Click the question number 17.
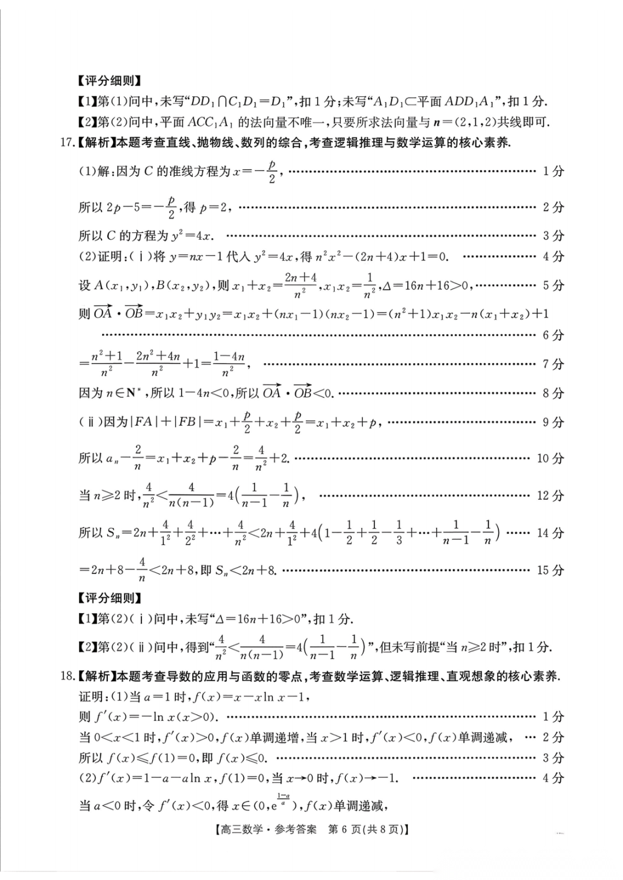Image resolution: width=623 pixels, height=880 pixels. point(67,142)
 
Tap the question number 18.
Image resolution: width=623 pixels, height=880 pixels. point(67,676)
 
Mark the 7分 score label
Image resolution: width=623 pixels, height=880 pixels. point(553,364)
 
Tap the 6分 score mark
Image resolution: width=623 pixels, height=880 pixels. point(553,335)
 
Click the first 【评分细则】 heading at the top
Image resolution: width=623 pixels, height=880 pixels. point(110,81)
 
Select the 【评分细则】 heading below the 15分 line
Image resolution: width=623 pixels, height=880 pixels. point(110,598)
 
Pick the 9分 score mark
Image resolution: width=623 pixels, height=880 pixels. point(553,422)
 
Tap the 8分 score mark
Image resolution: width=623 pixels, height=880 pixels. point(553,393)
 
